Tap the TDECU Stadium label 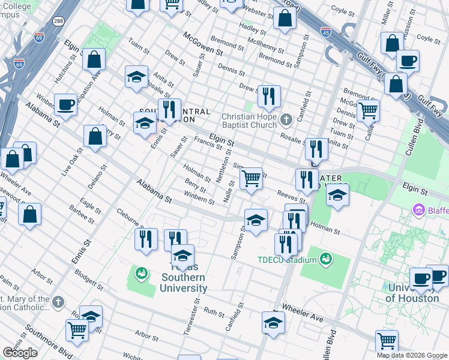(286, 260)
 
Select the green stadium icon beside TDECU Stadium (326, 259)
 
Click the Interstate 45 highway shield (326, 30)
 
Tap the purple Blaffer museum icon (418, 211)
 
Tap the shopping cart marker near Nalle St (251, 178)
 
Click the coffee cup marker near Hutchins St (65, 104)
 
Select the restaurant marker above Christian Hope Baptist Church (269, 96)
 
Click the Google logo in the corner (20, 353)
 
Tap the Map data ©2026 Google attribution (411, 355)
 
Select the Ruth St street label (214, 313)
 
